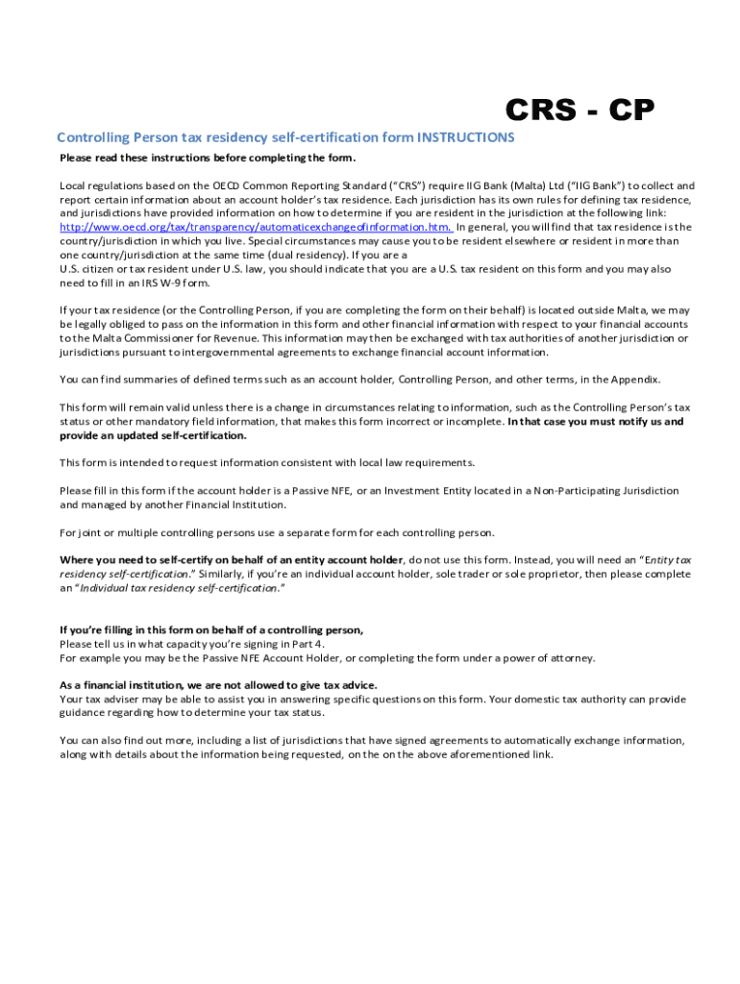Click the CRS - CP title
click(x=580, y=112)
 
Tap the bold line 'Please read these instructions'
click(x=207, y=158)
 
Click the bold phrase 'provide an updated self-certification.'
click(x=153, y=435)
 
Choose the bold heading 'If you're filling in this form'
click(x=211, y=630)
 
